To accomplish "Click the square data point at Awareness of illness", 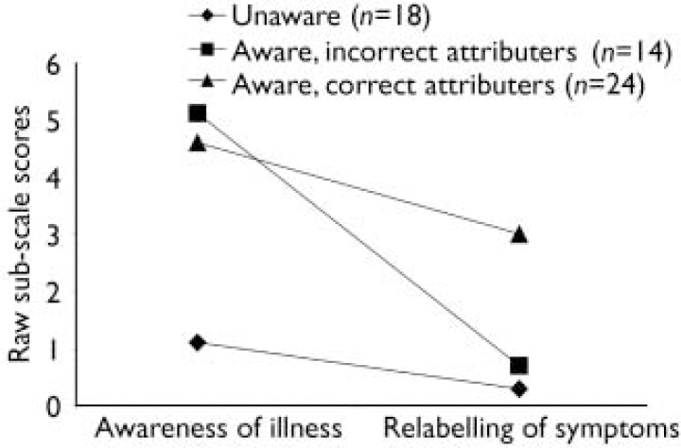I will (198, 113).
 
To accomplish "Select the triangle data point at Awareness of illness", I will (198, 143).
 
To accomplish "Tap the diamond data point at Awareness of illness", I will (198, 342).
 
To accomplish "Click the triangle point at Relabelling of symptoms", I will (519, 234).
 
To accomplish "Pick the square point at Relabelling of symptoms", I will (519, 366).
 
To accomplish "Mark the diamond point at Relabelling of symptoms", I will (519, 389).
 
